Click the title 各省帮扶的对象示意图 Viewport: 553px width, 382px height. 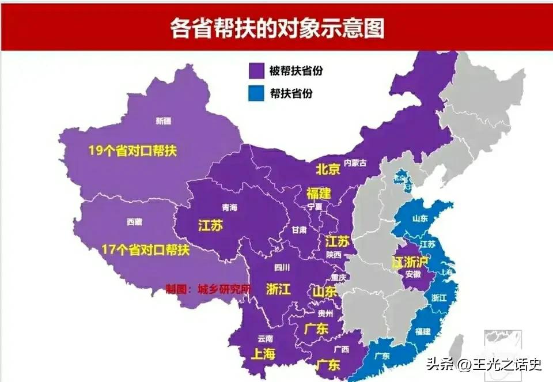coord(276,27)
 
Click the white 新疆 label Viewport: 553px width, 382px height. coord(164,121)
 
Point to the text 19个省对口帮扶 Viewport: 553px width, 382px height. coord(132,151)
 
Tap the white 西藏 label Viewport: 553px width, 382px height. coord(134,221)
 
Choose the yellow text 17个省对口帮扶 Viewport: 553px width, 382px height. coord(145,250)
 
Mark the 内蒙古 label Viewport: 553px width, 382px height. coord(355,164)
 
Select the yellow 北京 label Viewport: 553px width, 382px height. coord(328,169)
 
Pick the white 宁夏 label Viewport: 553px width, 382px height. coord(315,206)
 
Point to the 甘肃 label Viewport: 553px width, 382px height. coord(299,229)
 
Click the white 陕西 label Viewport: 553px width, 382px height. coord(334,254)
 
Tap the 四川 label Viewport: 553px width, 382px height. coord(281,267)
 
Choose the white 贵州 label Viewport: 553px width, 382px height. coord(325,313)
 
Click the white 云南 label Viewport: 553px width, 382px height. coord(265,338)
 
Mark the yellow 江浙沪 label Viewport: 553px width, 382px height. coord(410,262)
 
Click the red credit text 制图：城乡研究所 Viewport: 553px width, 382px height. coord(208,288)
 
